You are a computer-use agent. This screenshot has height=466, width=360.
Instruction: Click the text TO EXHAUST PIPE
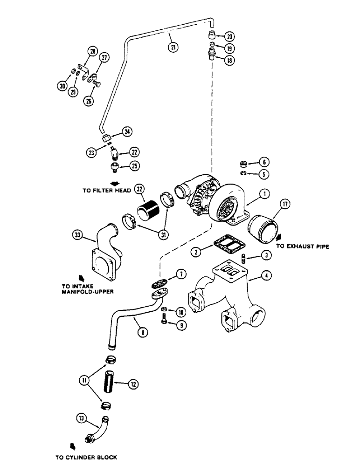[x=303, y=247]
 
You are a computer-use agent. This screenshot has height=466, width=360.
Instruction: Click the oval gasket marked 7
[x=161, y=284]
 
